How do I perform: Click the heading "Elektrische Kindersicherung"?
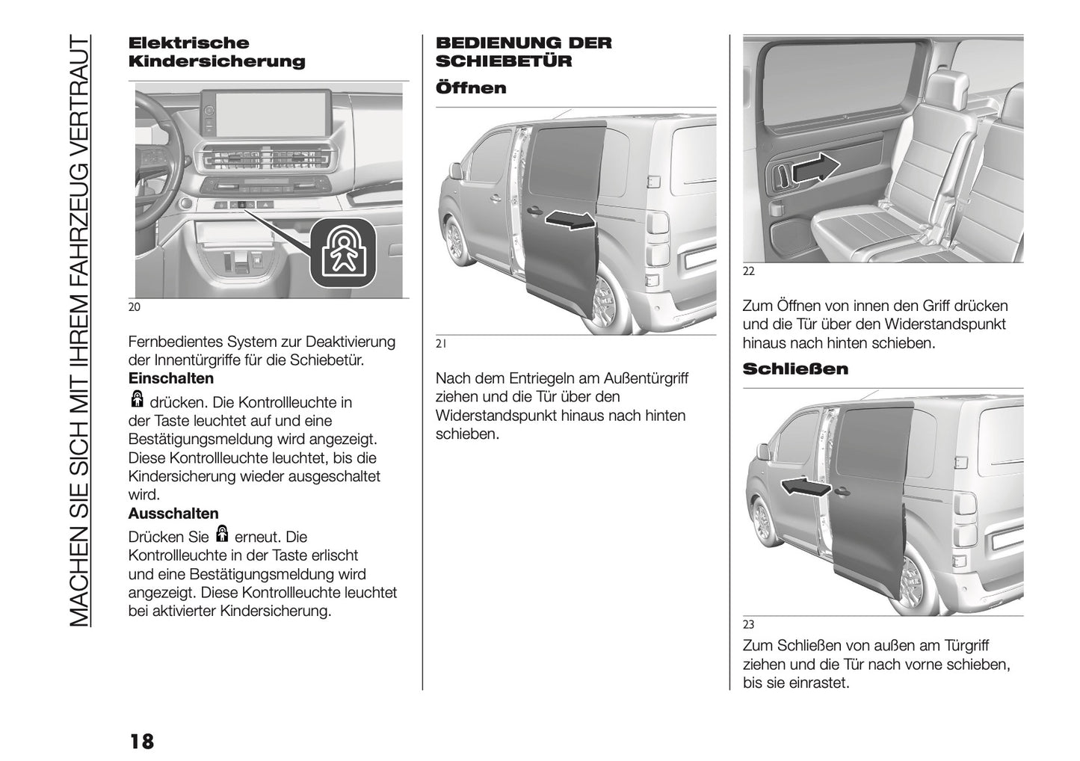[217, 52]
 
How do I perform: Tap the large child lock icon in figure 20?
[343, 253]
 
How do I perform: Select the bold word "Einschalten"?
[171, 379]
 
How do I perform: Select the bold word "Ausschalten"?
[173, 514]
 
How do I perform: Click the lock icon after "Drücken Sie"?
[221, 534]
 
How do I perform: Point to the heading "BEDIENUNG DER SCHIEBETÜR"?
[523, 52]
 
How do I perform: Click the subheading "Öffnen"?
[471, 88]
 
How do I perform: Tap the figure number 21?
[440, 344]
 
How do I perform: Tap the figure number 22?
[748, 272]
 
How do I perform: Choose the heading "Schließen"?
[795, 369]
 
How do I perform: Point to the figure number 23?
[748, 625]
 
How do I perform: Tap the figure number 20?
[134, 306]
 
